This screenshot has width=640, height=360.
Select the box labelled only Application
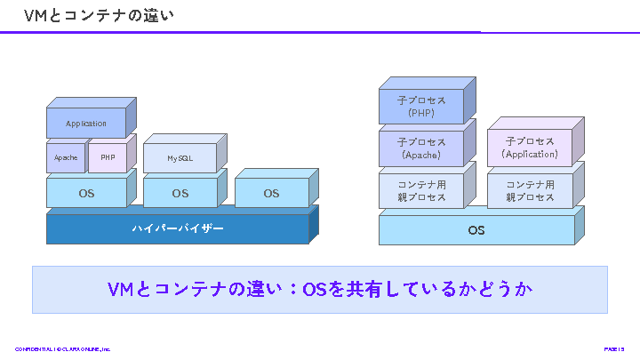[86, 124]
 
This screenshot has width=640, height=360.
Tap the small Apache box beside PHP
[66, 158]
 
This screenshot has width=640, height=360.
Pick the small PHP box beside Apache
[108, 158]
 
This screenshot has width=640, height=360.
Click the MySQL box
[180, 158]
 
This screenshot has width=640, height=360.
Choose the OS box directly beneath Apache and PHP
[86, 193]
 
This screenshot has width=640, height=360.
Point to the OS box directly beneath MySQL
[180, 193]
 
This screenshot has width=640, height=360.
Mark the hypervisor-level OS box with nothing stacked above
[271, 193]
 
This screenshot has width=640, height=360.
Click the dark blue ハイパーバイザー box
[178, 228]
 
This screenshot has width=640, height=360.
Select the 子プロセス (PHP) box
[421, 107]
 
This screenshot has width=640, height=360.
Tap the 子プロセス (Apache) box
[421, 148]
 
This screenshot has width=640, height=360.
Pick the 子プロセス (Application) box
[530, 148]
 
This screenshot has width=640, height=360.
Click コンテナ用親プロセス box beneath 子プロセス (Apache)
[421, 190]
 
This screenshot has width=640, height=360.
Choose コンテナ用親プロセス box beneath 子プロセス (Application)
[530, 190]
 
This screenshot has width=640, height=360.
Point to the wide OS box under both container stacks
[476, 230]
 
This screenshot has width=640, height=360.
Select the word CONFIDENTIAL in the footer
[32, 349]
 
